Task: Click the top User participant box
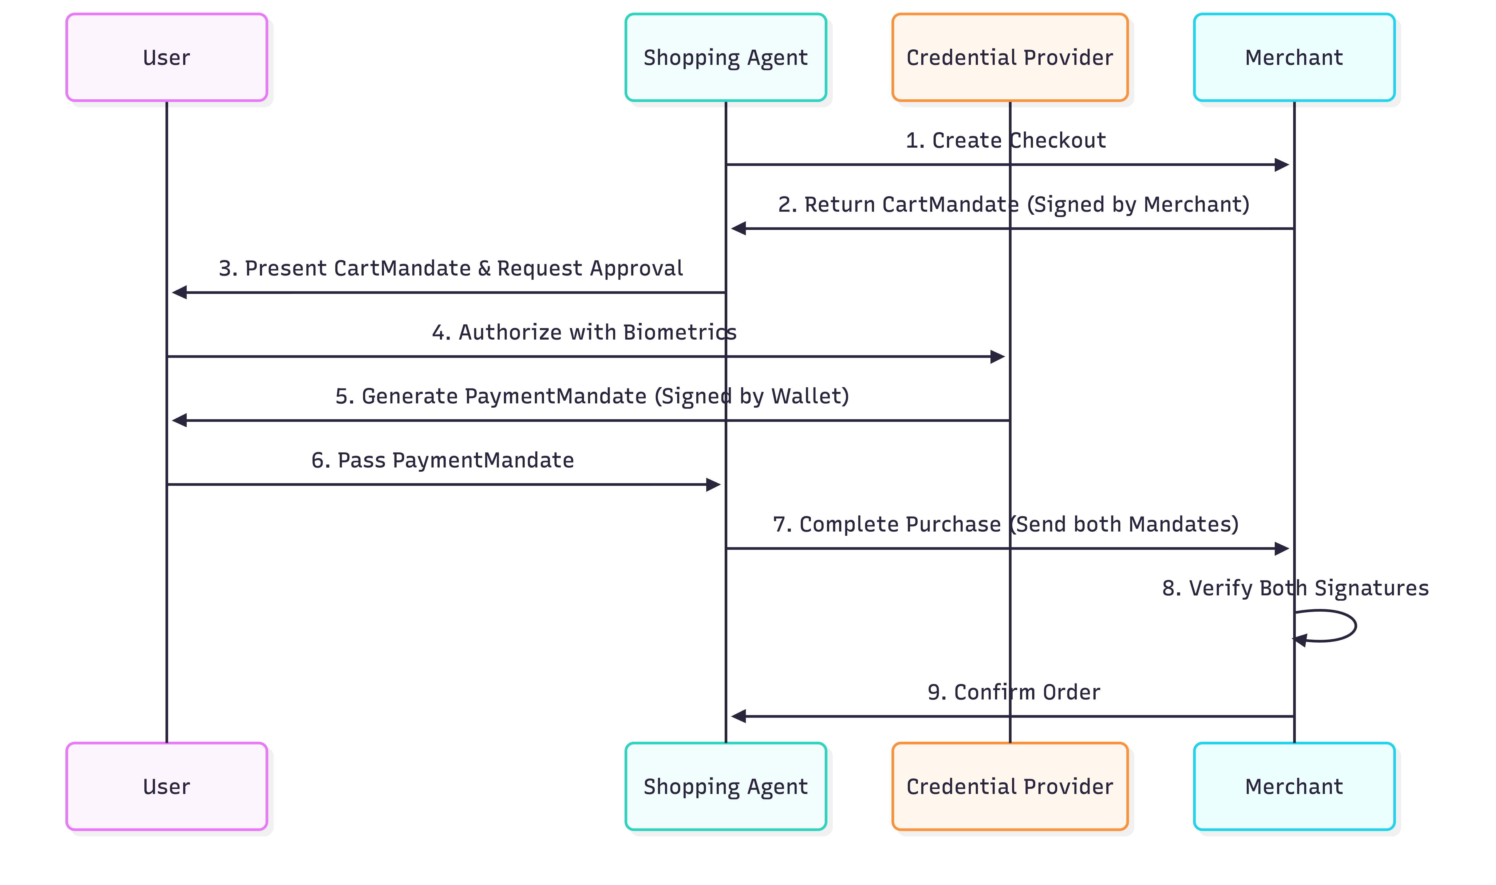(x=166, y=57)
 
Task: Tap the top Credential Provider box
(x=1009, y=57)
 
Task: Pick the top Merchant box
(x=1294, y=57)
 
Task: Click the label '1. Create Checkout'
(x=1005, y=140)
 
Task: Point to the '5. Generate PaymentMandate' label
(x=591, y=396)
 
